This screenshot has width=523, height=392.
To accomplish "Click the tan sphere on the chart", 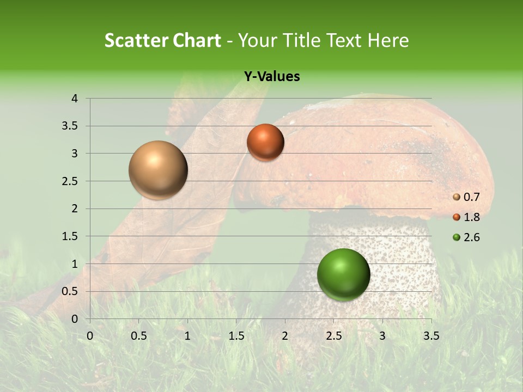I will (x=158, y=170).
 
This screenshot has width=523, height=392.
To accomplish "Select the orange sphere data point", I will (x=265, y=142).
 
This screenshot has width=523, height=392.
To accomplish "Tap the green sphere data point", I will (x=343, y=274).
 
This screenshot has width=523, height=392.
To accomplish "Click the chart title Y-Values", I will (x=272, y=77).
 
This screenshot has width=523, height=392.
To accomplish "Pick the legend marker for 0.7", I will (x=457, y=197).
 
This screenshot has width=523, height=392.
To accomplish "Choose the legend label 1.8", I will (x=471, y=217).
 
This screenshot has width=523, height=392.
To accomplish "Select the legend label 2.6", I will (x=471, y=237).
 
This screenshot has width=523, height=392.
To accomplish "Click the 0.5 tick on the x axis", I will (x=138, y=335).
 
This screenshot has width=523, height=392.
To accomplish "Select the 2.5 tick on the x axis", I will (x=333, y=335).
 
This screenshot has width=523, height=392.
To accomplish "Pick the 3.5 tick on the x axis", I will (x=431, y=335).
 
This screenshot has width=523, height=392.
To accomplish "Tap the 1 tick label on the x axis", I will (x=187, y=335).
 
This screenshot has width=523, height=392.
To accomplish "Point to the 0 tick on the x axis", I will (x=90, y=335).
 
